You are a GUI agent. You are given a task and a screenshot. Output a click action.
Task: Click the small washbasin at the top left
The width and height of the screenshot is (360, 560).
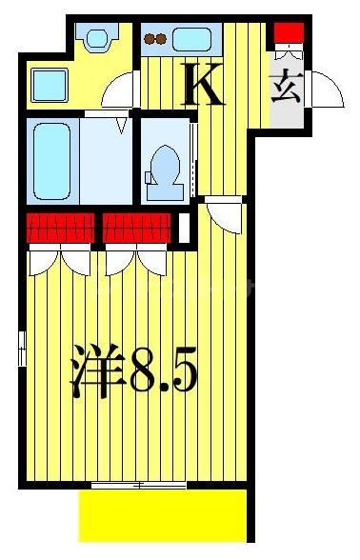tap(95, 40)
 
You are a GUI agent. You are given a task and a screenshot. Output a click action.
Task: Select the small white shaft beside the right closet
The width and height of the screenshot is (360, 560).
tap(184, 228)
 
